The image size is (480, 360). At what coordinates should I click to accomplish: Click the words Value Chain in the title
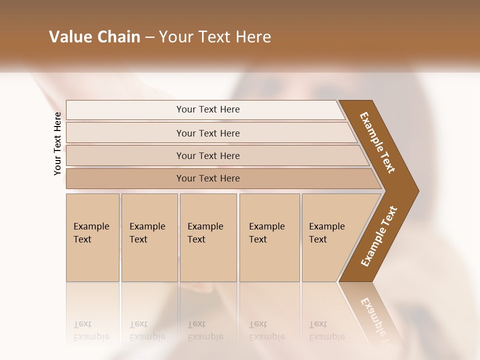click(x=94, y=37)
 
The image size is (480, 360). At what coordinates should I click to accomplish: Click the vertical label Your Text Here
click(x=57, y=143)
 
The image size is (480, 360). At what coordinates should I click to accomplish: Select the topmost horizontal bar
click(x=125, y=110)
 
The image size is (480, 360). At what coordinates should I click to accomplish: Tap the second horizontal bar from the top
click(x=125, y=133)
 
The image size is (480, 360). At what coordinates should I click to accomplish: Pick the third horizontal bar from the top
click(x=125, y=155)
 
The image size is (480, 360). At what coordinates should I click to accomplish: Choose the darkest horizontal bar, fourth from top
click(x=125, y=178)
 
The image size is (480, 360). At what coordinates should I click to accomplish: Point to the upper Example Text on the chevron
click(x=377, y=142)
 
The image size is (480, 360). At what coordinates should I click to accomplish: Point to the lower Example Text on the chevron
click(x=379, y=236)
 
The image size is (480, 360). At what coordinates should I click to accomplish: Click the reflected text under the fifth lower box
click(x=327, y=330)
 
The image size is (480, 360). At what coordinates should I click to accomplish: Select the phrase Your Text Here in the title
click(x=215, y=37)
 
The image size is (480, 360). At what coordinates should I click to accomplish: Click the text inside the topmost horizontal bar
click(x=208, y=109)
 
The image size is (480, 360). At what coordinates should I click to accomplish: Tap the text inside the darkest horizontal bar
click(x=208, y=178)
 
